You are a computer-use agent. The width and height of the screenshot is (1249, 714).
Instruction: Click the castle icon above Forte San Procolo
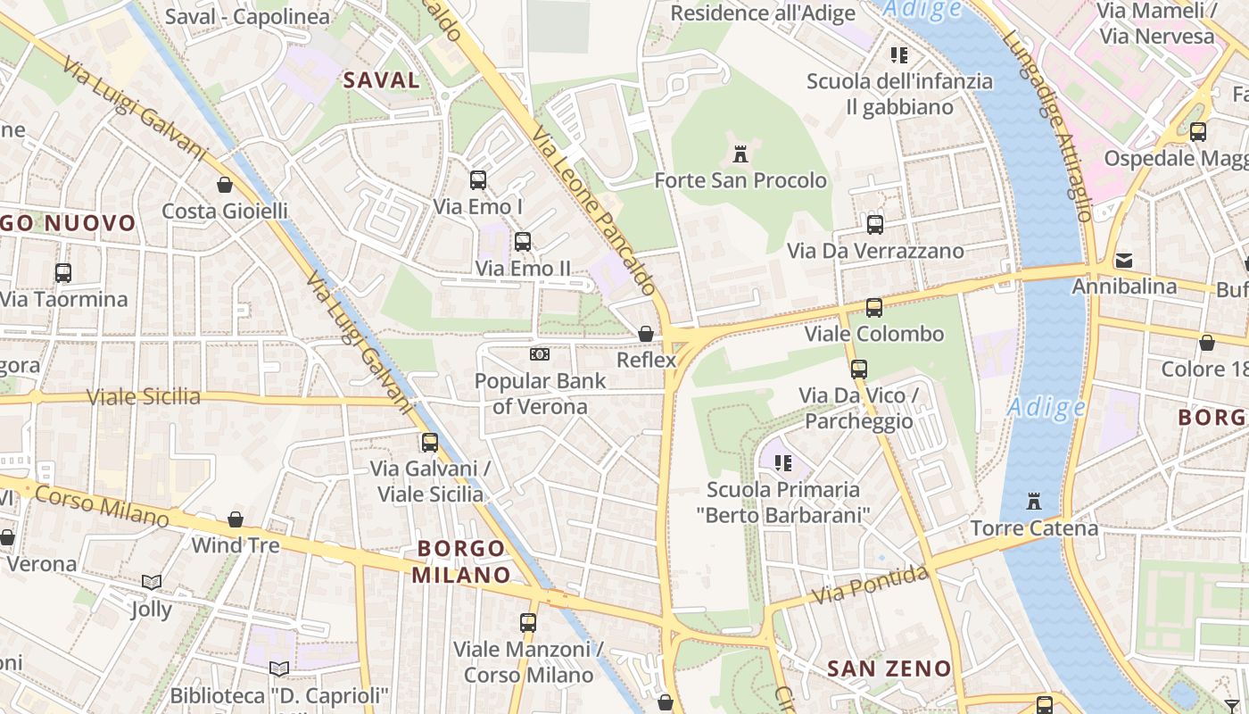point(740,154)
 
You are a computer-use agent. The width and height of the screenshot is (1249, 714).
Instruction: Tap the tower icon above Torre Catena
point(1034,502)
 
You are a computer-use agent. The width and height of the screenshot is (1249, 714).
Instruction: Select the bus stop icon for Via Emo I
point(478,180)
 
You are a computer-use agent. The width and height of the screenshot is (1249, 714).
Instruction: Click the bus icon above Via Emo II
point(523,242)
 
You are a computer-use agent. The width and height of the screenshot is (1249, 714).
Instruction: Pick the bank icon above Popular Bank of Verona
point(539,354)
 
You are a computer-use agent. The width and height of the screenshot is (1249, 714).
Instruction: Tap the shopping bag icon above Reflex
point(646,334)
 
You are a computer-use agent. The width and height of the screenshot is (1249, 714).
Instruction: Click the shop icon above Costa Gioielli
point(225,185)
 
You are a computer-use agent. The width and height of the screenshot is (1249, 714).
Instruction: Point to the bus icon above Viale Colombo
point(874,308)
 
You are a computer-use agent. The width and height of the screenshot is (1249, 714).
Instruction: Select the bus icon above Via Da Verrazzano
point(875,225)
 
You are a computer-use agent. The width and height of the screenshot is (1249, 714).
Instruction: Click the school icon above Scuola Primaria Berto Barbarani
point(783,463)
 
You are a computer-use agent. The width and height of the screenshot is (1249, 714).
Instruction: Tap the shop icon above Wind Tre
point(236,519)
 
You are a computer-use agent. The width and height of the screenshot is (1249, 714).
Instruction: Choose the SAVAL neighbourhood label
point(382,80)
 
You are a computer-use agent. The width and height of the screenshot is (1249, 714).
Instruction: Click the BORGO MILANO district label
point(461,561)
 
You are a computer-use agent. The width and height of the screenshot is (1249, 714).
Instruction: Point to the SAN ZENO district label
point(889,668)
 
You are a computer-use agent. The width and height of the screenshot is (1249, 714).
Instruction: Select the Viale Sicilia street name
point(144,397)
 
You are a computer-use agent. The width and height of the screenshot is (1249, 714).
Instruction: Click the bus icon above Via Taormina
point(62,273)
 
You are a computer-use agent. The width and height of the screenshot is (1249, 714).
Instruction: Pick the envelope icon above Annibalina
point(1124,262)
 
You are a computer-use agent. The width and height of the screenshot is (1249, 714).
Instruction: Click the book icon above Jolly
point(152,583)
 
